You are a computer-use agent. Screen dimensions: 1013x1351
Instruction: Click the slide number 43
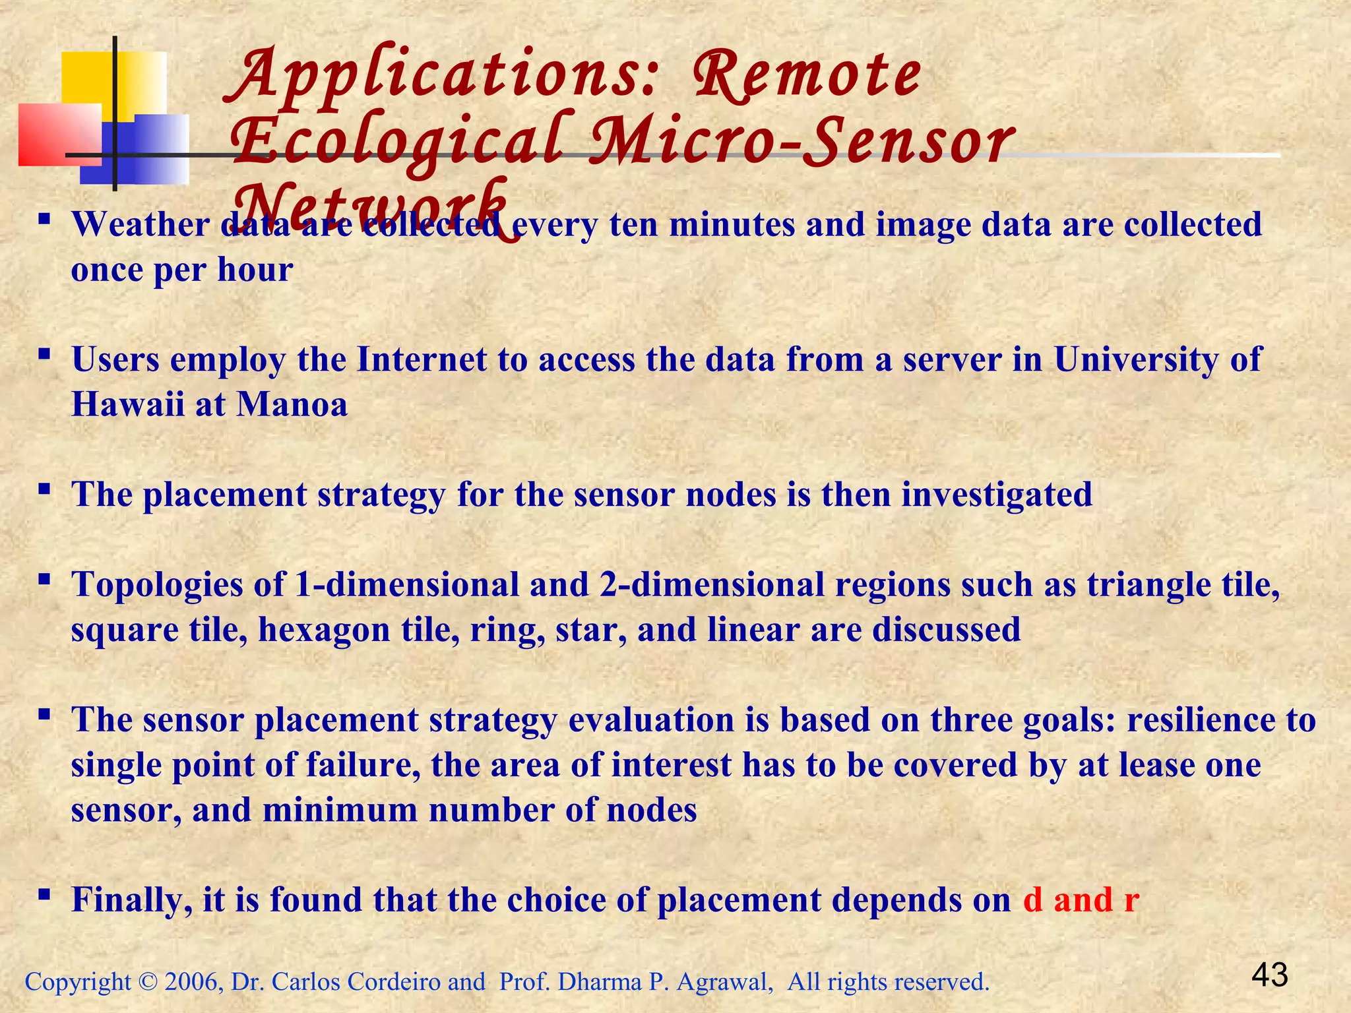point(1269,975)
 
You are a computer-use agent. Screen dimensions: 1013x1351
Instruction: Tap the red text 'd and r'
point(1081,900)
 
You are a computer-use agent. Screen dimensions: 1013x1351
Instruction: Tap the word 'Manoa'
point(292,404)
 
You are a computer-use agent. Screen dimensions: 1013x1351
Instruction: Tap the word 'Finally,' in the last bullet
point(132,900)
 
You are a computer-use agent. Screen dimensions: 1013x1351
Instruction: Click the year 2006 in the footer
point(191,982)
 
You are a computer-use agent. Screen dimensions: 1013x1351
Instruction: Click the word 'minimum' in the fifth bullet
point(340,810)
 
